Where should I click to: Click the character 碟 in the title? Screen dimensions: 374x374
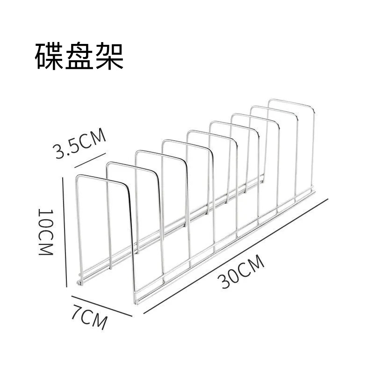click(x=50, y=57)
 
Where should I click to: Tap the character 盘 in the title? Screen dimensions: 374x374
click(x=80, y=57)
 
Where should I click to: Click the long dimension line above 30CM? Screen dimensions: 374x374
click(x=236, y=255)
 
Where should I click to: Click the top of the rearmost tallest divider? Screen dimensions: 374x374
click(x=290, y=102)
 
